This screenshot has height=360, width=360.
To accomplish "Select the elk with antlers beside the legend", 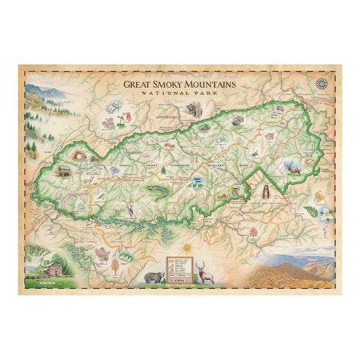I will click(x=206, y=271).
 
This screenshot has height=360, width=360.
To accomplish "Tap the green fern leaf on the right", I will click(x=311, y=212).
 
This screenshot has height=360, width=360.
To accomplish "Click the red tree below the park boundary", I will click(x=252, y=231).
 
